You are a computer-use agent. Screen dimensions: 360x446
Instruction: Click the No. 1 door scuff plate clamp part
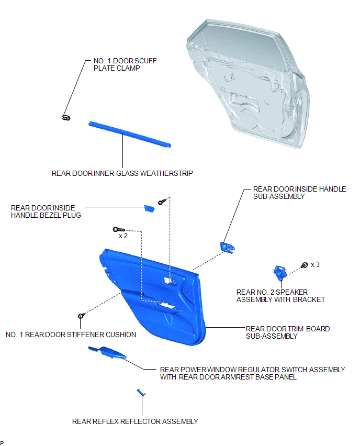point(66,117)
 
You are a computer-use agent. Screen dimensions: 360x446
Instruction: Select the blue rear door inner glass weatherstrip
point(130,134)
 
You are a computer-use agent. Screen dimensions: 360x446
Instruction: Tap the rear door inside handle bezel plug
point(149,208)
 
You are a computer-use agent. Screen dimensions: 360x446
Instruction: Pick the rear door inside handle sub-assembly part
point(228,247)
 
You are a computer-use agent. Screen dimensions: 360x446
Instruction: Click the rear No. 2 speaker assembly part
point(279,273)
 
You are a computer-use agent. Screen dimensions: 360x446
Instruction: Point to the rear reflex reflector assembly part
point(141,393)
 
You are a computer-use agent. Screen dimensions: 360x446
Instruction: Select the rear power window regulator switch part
point(107,352)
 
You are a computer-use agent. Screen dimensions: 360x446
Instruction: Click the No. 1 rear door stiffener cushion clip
point(81,316)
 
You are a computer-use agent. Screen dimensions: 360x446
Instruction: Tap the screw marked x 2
point(119,229)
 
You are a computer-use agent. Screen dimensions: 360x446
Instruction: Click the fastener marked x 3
point(304,265)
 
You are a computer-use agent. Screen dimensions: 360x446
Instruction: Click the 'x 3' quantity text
point(315,265)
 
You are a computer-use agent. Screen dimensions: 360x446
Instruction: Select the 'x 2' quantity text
point(123,236)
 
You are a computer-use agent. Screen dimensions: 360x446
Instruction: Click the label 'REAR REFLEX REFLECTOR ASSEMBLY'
point(135,421)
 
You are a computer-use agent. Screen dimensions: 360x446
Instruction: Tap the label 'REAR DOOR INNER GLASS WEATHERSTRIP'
point(122,173)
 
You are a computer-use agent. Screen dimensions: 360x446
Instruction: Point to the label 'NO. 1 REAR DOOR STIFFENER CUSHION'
point(71,335)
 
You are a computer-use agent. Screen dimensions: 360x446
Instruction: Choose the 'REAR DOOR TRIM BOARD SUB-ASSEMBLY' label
point(288,332)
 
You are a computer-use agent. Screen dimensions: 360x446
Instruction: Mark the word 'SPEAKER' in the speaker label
point(291,293)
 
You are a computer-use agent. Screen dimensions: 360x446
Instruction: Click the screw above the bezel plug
point(162,202)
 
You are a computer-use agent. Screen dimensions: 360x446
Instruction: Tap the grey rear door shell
point(248,84)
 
